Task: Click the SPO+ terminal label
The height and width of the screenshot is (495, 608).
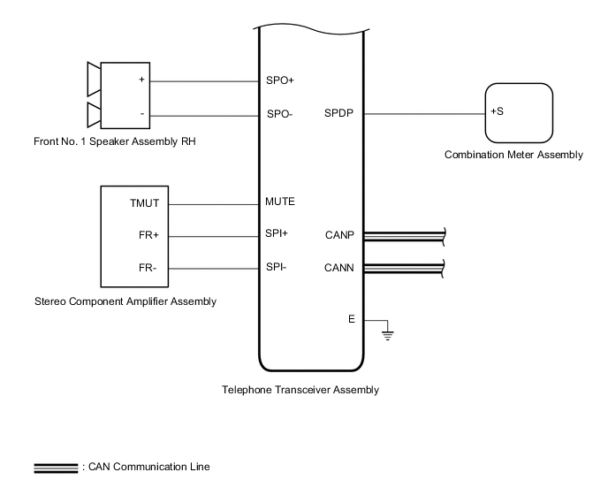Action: click(279, 80)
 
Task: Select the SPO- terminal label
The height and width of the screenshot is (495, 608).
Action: click(279, 114)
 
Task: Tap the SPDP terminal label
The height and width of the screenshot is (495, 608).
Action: click(338, 113)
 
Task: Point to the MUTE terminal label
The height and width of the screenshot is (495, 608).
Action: click(280, 202)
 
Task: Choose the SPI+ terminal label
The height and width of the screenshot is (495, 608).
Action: click(277, 234)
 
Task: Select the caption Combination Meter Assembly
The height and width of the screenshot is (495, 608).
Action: click(513, 155)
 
